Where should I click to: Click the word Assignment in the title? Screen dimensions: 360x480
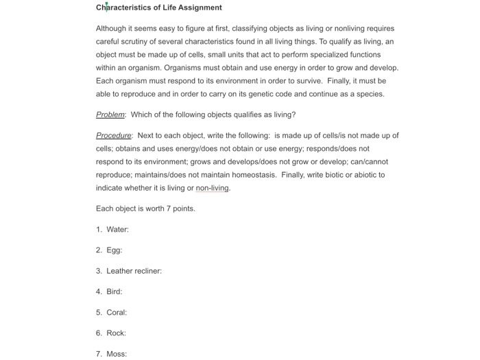(x=198, y=8)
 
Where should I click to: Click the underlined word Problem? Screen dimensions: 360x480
(x=110, y=115)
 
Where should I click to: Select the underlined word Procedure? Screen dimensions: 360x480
(x=113, y=136)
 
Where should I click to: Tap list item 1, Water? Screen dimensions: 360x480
(x=117, y=230)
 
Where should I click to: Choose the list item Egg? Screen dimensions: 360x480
(x=114, y=250)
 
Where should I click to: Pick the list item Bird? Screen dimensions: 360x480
(x=114, y=291)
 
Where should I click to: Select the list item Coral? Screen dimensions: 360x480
(x=117, y=313)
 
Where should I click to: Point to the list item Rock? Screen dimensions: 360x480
(x=116, y=333)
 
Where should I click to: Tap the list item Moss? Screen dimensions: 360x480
(x=117, y=354)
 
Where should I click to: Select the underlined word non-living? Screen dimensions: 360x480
(x=213, y=188)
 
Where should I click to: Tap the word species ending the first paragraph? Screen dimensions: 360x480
(x=370, y=94)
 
